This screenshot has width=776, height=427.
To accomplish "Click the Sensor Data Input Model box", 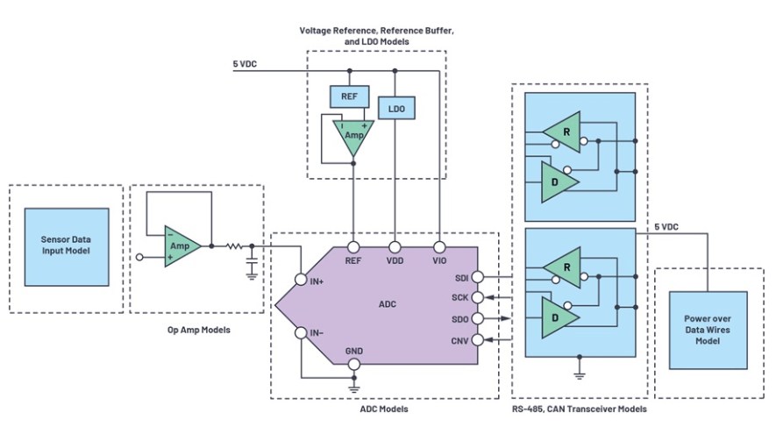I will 67,246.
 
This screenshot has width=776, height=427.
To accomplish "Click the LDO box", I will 396,107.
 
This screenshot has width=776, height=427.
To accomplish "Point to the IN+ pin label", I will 314,281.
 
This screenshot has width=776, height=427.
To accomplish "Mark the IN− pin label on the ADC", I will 314,332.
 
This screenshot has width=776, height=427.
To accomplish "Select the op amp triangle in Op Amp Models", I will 182,246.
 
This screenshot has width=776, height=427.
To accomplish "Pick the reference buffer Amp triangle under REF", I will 352,137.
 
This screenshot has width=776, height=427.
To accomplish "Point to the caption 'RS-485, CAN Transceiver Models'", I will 579,409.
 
